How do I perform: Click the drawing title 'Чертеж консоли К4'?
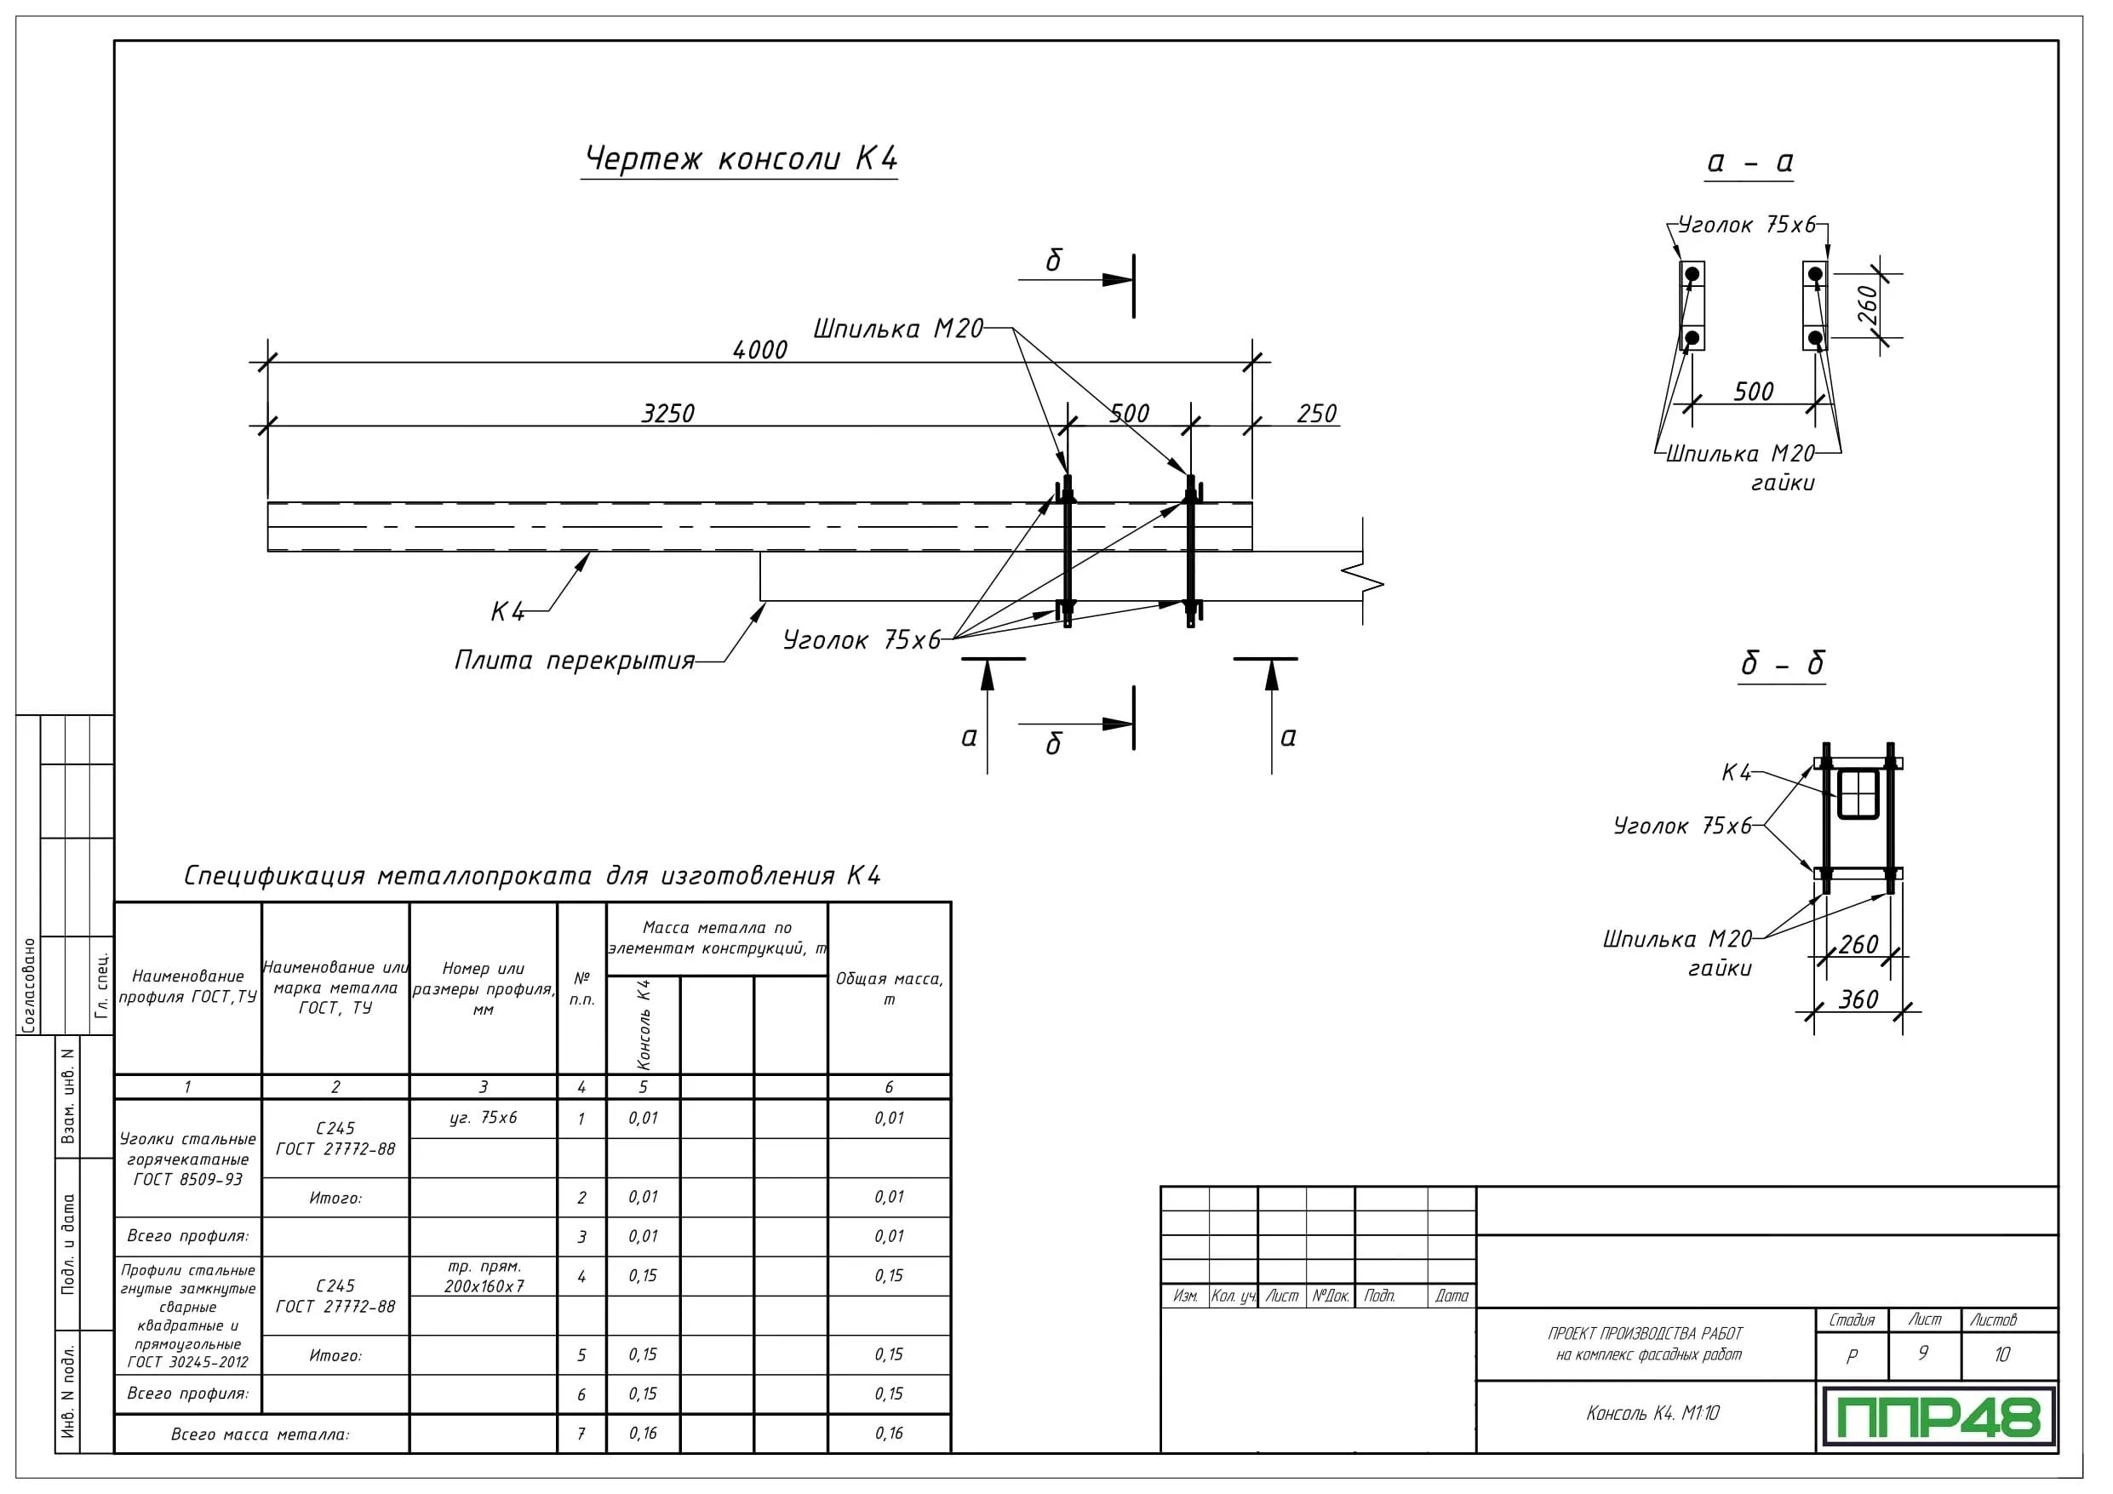click(x=741, y=158)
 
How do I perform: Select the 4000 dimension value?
click(x=759, y=350)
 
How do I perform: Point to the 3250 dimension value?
click(x=667, y=414)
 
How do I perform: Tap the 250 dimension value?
click(x=1316, y=414)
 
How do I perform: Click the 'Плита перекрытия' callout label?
click(x=575, y=661)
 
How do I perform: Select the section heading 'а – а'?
click(x=1749, y=162)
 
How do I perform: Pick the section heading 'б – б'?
click(x=1782, y=664)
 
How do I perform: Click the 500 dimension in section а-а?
click(x=1753, y=392)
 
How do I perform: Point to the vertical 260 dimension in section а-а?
click(x=1866, y=305)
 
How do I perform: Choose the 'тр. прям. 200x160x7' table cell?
click(x=484, y=1277)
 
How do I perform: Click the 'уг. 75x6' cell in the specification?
click(x=484, y=1118)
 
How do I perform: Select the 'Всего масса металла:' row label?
click(x=261, y=1434)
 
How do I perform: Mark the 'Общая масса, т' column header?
click(x=889, y=988)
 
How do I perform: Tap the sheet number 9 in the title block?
click(x=1922, y=1354)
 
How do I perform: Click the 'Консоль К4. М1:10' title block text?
click(x=1652, y=1413)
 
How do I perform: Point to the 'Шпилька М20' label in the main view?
click(x=897, y=329)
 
